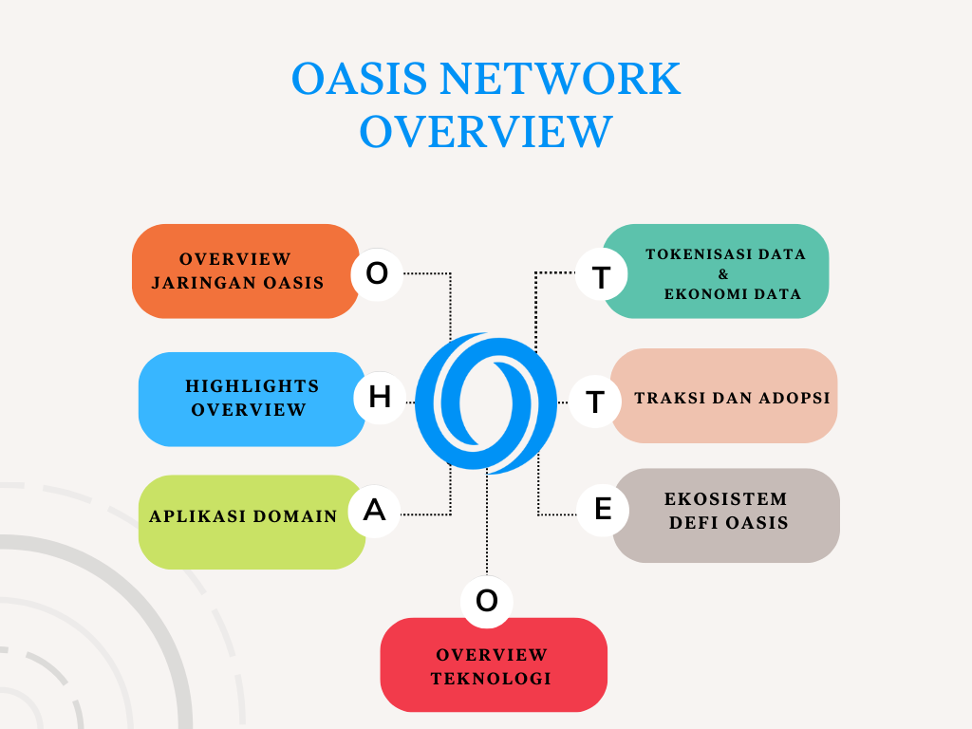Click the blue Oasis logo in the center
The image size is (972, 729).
click(x=486, y=403)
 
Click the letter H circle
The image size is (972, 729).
click(x=379, y=398)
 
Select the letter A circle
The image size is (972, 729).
click(x=375, y=511)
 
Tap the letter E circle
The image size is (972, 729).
click(x=603, y=510)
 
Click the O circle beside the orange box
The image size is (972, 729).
click(x=377, y=273)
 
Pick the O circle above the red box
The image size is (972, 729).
click(x=487, y=601)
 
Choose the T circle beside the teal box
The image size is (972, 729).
click(x=601, y=278)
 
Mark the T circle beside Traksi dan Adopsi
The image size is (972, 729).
click(x=595, y=402)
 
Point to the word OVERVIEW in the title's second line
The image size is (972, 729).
click(x=486, y=132)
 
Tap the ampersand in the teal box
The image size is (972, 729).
click(x=723, y=274)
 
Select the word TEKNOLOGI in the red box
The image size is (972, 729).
click(x=491, y=679)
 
